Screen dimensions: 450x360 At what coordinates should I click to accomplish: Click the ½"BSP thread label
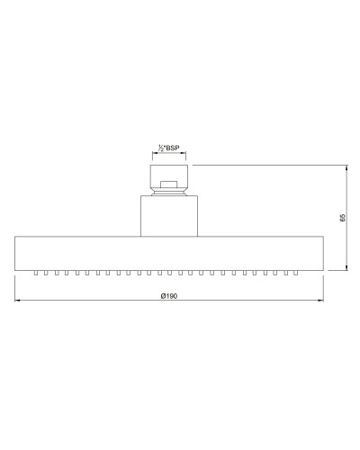click(169, 148)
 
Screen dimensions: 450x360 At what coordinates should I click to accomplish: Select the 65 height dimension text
click(343, 217)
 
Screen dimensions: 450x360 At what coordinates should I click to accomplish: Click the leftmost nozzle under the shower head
click(35, 271)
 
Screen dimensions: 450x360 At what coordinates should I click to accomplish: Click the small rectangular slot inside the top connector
click(167, 186)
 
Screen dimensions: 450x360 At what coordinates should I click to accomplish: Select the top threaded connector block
click(167, 174)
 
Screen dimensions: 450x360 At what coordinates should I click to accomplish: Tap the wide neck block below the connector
click(167, 216)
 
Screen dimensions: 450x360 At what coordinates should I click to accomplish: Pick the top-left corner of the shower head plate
click(15, 236)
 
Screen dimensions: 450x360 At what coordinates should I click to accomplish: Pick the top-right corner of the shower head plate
click(320, 236)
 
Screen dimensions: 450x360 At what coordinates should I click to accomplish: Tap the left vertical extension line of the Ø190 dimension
click(15, 288)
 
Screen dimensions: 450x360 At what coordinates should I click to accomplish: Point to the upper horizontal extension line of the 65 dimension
click(270, 164)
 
